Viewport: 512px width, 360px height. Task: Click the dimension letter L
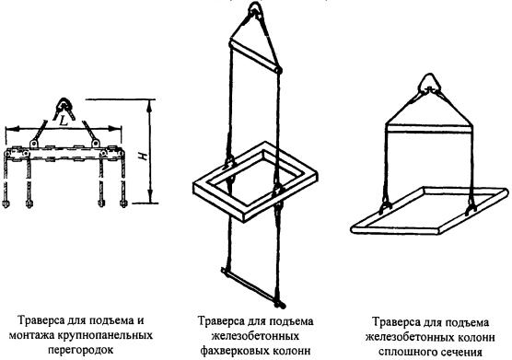pyautogui.click(x=64, y=122)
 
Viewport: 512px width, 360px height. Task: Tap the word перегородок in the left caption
pyautogui.click(x=81, y=350)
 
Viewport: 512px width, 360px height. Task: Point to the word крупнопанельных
pyautogui.click(x=105, y=335)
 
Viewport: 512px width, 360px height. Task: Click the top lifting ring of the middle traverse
pyautogui.click(x=255, y=8)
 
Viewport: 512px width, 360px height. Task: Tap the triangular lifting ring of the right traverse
pyautogui.click(x=430, y=83)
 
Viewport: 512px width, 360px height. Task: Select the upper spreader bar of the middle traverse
pyautogui.click(x=254, y=55)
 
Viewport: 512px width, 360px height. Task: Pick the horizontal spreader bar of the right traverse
pyautogui.click(x=429, y=128)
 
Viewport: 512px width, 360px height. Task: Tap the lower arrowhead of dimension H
pyautogui.click(x=150, y=197)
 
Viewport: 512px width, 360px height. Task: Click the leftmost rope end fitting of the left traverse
pyautogui.click(x=6, y=203)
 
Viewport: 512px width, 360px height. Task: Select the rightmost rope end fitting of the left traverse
pyautogui.click(x=123, y=203)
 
